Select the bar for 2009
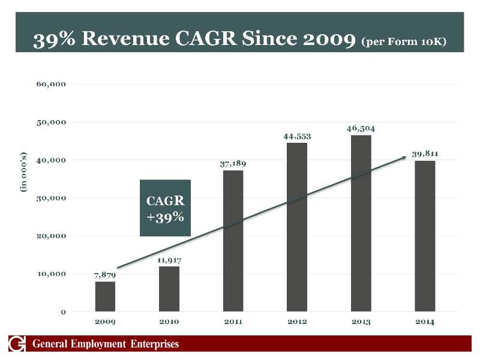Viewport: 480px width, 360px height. tap(105, 296)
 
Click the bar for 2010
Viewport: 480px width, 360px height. tap(169, 289)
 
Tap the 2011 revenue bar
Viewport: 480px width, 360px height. tap(233, 241)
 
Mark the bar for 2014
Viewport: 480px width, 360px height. tap(425, 236)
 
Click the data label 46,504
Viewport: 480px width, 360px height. tap(361, 128)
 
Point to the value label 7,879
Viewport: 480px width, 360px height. tap(105, 275)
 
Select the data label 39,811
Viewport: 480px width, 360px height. tap(425, 154)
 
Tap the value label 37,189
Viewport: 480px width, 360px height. tap(233, 163)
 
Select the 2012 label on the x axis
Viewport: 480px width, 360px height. tap(297, 322)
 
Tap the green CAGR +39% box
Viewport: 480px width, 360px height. tap(165, 208)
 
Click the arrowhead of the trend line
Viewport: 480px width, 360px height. tap(404, 157)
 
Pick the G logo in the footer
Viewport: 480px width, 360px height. tap(17, 344)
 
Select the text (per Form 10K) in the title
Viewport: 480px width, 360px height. tap(404, 43)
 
